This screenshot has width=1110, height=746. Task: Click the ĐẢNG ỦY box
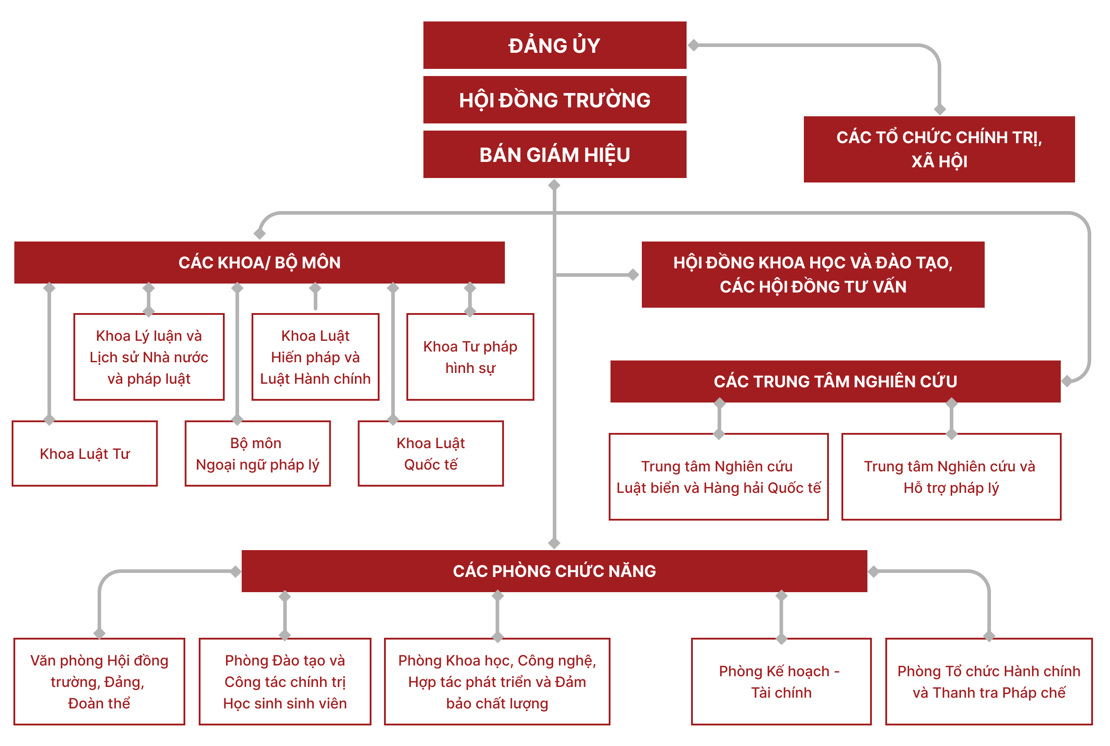[x=555, y=45]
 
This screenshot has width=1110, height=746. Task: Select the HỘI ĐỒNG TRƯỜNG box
[x=555, y=100]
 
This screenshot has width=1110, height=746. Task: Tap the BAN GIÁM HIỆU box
[x=555, y=155]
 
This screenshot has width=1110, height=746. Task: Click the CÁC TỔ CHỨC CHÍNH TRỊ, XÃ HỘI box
[x=939, y=149]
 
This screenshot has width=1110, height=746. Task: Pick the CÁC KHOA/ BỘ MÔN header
[x=260, y=263]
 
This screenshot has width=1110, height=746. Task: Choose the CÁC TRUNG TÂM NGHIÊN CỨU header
[x=835, y=381]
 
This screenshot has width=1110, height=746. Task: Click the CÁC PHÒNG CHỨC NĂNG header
[x=554, y=571]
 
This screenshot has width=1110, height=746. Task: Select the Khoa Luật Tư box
[x=85, y=454]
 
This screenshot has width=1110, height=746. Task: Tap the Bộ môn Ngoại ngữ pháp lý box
[x=257, y=454]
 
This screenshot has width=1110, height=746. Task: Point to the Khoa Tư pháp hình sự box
[x=470, y=357]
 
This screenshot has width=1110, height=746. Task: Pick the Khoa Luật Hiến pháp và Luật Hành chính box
[x=315, y=357]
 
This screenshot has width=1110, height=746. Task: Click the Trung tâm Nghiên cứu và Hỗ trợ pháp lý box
[x=951, y=477]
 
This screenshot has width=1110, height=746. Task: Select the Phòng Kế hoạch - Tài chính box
[x=781, y=681]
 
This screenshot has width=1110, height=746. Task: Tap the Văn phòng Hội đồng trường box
[x=99, y=681]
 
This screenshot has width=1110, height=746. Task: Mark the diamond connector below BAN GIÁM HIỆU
[x=554, y=185]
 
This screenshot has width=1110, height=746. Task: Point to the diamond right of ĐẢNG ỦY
[x=693, y=45]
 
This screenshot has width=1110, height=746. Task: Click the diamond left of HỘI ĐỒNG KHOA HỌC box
[x=633, y=275]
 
